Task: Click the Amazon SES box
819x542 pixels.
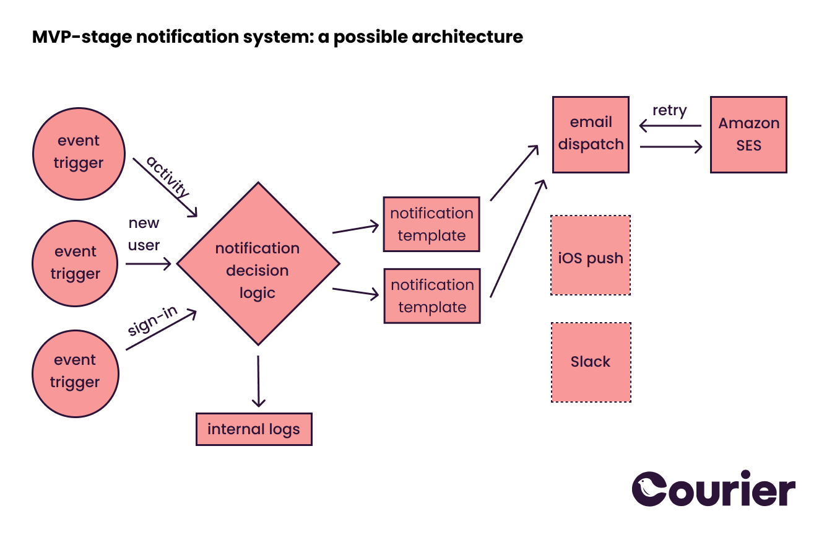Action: [748, 134]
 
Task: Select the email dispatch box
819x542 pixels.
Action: [591, 134]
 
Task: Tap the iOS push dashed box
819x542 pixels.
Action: [591, 255]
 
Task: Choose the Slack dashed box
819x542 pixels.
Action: [591, 362]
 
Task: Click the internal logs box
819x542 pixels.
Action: [254, 429]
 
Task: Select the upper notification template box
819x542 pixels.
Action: [431, 224]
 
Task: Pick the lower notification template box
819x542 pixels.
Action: [431, 295]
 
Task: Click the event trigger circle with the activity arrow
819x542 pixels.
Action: [78, 153]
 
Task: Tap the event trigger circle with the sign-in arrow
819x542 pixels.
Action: [75, 372]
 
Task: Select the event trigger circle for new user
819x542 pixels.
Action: [75, 263]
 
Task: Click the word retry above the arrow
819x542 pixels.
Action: [669, 111]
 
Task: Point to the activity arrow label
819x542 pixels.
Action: [167, 177]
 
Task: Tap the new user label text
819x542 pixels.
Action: [144, 234]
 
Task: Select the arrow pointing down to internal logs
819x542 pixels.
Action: [258, 381]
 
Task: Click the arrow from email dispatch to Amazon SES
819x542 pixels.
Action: [671, 147]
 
